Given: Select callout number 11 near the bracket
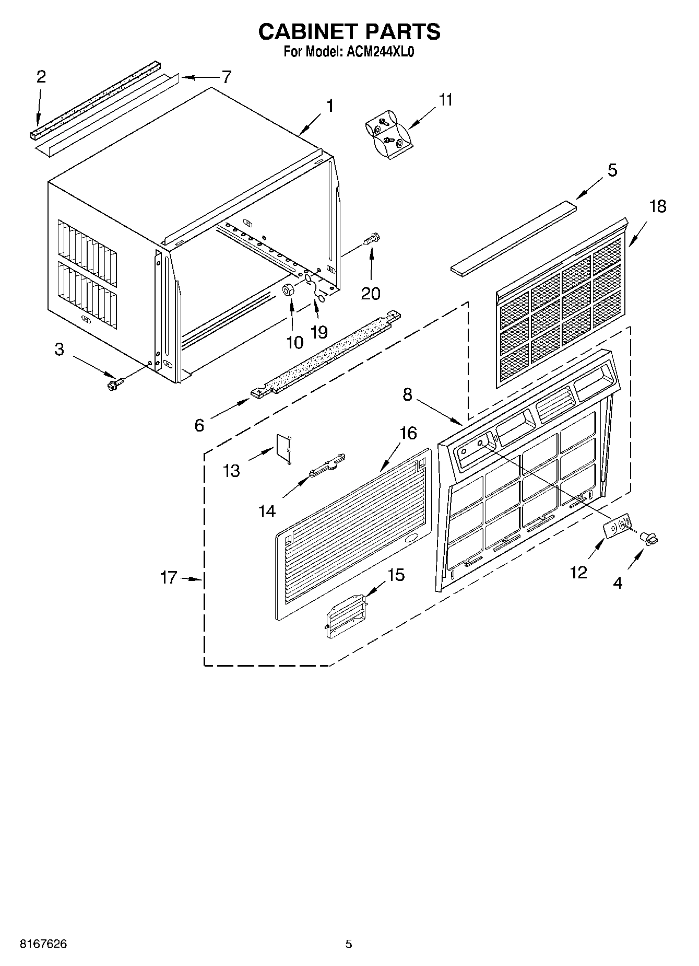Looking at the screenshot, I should coord(445,99).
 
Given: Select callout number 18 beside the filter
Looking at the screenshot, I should coord(658,206).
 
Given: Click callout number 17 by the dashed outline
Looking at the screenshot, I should coord(169,578).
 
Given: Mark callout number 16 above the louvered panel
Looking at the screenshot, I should coord(408,433).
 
